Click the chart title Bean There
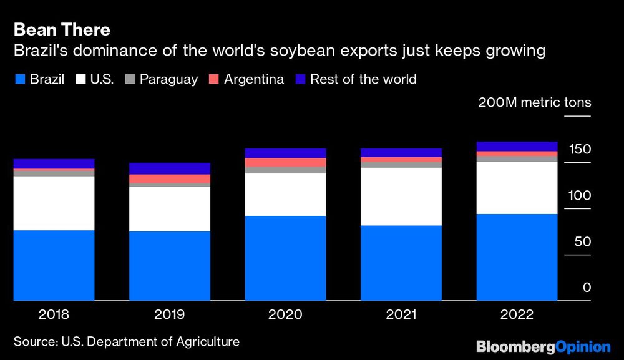(x=62, y=29)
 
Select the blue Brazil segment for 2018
(x=54, y=266)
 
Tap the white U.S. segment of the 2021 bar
(x=401, y=197)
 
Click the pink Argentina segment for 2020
(x=286, y=162)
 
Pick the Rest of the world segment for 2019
(x=170, y=168)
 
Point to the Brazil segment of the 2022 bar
(x=517, y=257)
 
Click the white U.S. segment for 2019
(x=170, y=209)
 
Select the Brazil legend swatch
(x=19, y=80)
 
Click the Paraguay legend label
(x=168, y=79)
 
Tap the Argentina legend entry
(x=246, y=79)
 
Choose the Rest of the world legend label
(x=363, y=79)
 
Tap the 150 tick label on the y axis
(x=579, y=150)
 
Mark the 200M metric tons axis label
(x=534, y=103)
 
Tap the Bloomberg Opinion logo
(x=543, y=346)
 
